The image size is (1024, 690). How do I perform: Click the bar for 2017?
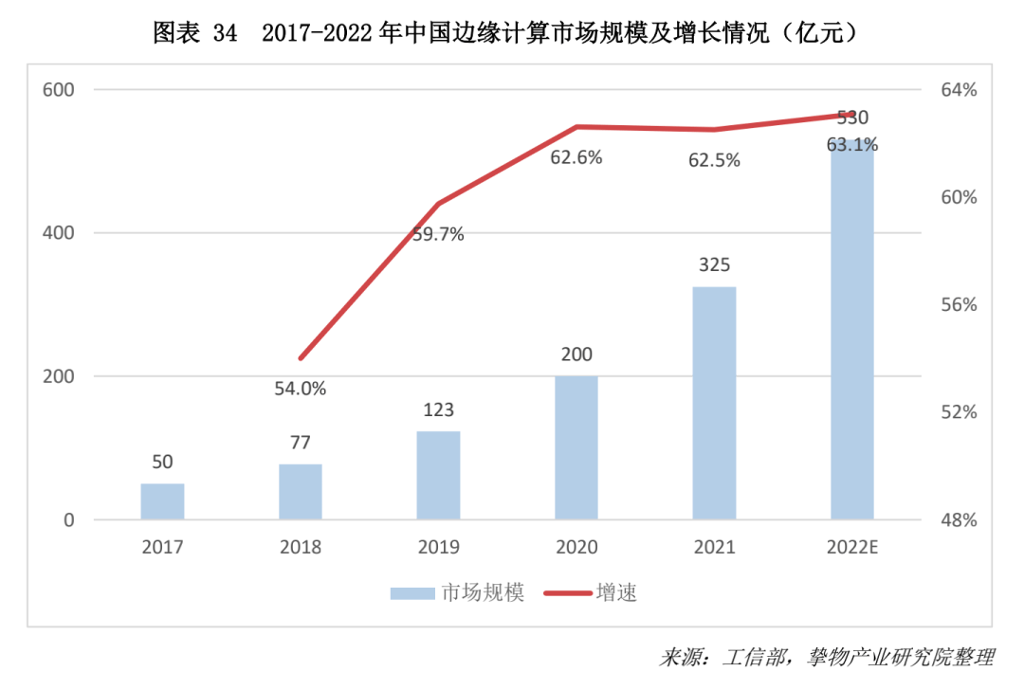tap(162, 501)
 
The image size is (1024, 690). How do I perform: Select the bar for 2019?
tap(438, 475)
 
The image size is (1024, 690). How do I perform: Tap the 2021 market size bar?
tap(714, 403)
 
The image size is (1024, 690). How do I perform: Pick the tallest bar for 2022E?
tap(852, 332)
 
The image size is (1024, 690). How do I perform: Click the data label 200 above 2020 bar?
tap(576, 354)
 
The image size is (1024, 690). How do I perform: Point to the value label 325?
tap(714, 264)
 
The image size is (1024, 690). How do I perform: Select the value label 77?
tap(301, 442)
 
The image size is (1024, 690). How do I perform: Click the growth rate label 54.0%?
tap(301, 388)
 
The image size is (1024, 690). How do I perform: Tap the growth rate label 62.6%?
tap(576, 158)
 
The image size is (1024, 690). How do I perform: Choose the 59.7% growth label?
tap(438, 235)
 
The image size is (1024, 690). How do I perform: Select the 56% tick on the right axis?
tap(958, 305)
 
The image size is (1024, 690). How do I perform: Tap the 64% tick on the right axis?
tap(958, 90)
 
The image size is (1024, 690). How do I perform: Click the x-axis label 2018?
tap(301, 547)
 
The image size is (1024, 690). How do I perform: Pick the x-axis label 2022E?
tap(852, 547)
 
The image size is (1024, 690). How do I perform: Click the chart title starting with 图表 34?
tap(511, 33)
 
